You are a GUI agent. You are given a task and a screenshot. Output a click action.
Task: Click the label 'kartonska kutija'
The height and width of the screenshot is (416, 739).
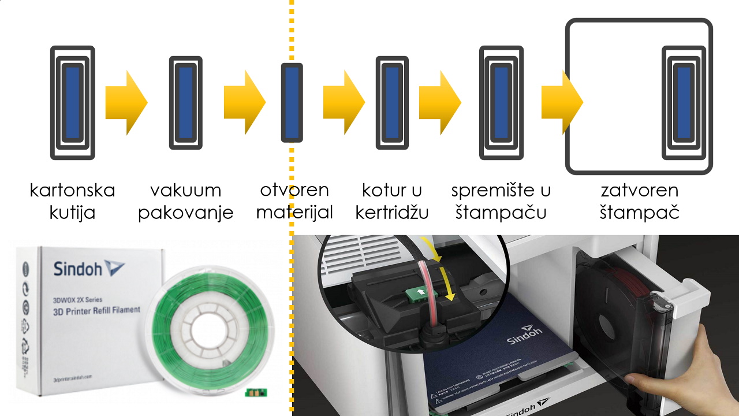pyautogui.click(x=72, y=201)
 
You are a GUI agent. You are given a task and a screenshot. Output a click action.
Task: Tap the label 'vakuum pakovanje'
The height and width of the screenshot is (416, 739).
pyautogui.click(x=185, y=201)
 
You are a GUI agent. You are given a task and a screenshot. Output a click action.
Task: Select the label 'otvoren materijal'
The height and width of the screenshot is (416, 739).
pyautogui.click(x=294, y=201)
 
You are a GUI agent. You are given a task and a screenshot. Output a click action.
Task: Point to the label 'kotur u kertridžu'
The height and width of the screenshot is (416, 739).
pyautogui.click(x=392, y=201)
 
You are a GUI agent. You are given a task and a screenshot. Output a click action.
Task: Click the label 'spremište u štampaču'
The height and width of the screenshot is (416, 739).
pyautogui.click(x=501, y=201)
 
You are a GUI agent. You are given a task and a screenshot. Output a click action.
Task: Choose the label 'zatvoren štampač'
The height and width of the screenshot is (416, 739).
pyautogui.click(x=639, y=201)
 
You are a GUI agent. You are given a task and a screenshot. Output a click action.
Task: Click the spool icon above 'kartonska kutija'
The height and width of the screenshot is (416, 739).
pyautogui.click(x=73, y=102)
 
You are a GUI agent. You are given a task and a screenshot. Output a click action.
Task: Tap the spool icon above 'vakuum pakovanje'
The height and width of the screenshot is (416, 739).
pyautogui.click(x=185, y=102)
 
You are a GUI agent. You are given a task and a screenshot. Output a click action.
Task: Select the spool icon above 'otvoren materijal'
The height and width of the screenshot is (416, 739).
pyautogui.click(x=292, y=102)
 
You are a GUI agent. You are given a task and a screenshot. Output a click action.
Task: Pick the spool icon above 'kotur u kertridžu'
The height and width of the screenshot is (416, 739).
pyautogui.click(x=392, y=102)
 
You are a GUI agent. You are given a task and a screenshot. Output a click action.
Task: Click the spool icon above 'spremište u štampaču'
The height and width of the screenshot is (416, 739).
pyautogui.click(x=501, y=102)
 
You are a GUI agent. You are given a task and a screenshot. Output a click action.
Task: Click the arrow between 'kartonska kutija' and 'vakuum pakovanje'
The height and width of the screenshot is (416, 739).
pyautogui.click(x=126, y=102)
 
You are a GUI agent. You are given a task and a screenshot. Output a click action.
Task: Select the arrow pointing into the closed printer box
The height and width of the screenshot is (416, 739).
pyautogui.click(x=562, y=102)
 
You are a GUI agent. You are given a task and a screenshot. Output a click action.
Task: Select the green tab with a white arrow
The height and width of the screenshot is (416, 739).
pyautogui.click(x=418, y=294)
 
